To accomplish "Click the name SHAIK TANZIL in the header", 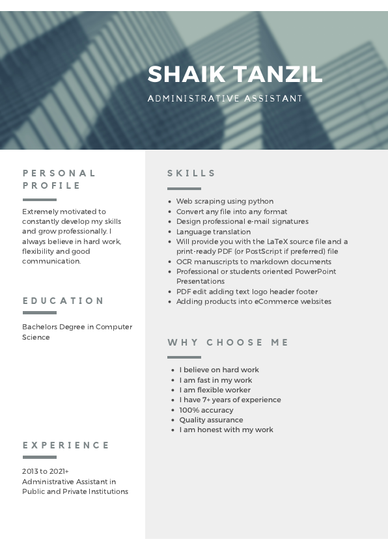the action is tap(235, 74).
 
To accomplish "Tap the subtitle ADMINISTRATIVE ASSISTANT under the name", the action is tap(225, 99).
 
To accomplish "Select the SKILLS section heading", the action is tap(191, 173).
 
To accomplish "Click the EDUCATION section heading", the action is tap(63, 301).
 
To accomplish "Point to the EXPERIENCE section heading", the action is tap(66, 445).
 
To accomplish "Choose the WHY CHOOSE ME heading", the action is tap(229, 342).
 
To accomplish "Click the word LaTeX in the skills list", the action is tap(280, 241).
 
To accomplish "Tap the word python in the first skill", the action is tap(261, 202).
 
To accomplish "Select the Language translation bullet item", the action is tap(213, 232).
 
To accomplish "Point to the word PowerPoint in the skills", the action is tap(316, 271).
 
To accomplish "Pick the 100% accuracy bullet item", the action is tap(206, 410).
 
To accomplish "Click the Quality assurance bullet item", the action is tap(211, 420).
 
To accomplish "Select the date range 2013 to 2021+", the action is tap(46, 471).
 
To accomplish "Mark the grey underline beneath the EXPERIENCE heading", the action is tap(40, 458).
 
